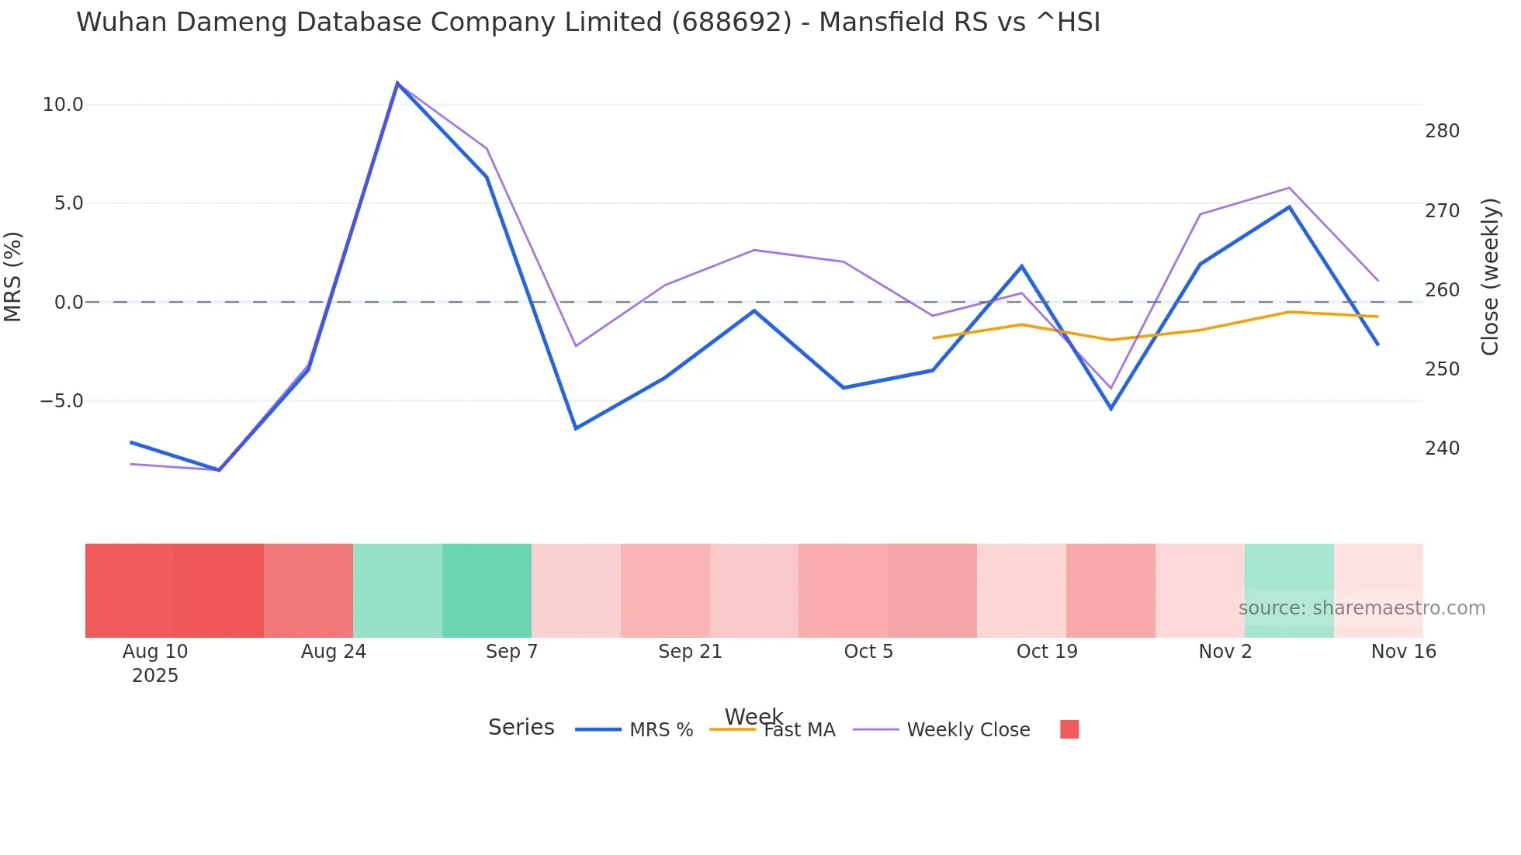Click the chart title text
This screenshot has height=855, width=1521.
587,22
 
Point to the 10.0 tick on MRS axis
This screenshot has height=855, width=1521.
62,105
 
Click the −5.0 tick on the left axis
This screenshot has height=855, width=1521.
61,401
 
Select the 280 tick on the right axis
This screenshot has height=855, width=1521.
1442,131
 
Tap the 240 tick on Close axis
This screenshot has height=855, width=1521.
1442,448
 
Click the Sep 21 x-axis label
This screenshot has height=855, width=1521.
690,652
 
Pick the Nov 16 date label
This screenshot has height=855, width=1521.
1403,652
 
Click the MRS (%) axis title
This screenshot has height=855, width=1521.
13,276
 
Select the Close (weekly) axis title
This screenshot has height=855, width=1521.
1489,276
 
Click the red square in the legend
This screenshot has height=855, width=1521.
1069,729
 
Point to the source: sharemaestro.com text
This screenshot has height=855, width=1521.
1361,608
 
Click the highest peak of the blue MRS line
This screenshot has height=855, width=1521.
397,84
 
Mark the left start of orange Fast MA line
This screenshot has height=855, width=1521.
934,338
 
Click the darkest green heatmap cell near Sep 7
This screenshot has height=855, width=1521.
487,590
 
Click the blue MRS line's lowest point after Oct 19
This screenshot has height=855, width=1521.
1110,408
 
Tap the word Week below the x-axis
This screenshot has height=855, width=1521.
754,716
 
